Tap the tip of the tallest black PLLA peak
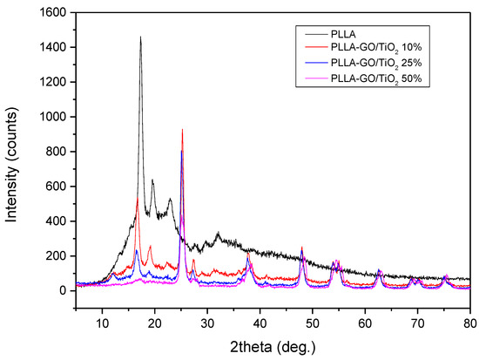(x=140, y=37)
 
